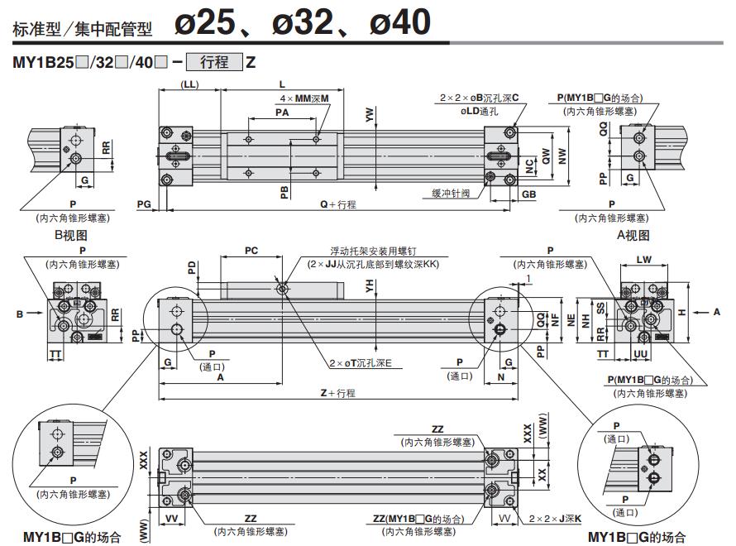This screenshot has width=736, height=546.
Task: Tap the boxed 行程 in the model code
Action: point(214,62)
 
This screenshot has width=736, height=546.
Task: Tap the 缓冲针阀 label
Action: point(450,193)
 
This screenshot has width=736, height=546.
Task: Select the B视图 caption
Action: point(70,236)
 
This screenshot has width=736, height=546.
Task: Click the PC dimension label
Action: point(251,250)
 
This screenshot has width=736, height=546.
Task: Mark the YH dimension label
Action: point(369,286)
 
